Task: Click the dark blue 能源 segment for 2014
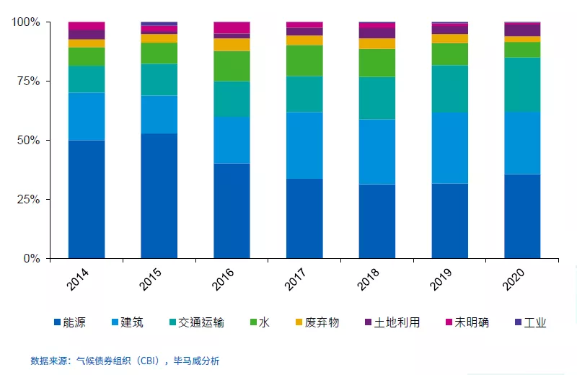(87, 199)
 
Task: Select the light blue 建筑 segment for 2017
(304, 145)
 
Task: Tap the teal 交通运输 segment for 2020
(522, 84)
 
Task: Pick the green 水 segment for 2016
(232, 66)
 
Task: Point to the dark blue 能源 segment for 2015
(159, 195)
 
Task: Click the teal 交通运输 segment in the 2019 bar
(449, 88)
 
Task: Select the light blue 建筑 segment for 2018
(376, 151)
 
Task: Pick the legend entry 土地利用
(397, 322)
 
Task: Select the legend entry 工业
(534, 322)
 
